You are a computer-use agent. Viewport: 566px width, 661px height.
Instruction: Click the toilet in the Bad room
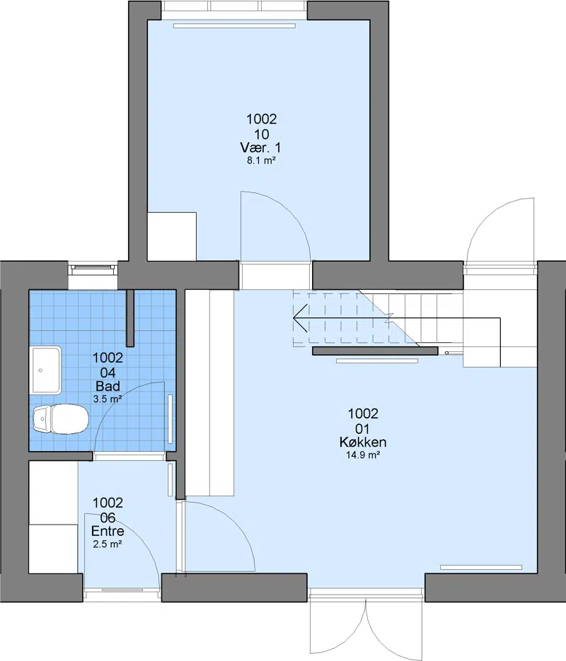pos(60,419)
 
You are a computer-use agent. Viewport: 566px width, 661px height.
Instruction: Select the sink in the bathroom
pos(45,370)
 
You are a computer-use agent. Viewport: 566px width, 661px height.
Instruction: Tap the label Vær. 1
pos(260,148)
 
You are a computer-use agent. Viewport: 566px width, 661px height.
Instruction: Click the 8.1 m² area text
pos(261,160)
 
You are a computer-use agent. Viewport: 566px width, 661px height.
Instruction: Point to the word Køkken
pos(363,442)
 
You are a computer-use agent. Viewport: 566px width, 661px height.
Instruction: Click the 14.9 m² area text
pos(363,455)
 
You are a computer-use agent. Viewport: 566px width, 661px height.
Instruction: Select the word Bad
pos(108,386)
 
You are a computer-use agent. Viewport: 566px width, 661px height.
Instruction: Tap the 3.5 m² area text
pos(108,399)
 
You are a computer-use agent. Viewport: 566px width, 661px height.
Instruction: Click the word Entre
pos(108,531)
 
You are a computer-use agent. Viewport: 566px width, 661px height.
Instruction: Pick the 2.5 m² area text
pos(108,544)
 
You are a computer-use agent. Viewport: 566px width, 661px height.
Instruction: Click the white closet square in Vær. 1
pos(172,237)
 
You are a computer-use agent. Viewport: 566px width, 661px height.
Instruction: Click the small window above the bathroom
pos(93,270)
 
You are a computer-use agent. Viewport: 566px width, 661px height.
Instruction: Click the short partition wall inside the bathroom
pos(130,318)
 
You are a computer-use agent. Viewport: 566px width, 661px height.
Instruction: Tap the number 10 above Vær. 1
pos(262,134)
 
